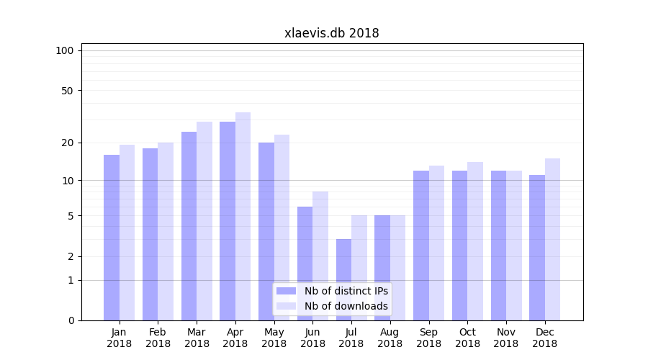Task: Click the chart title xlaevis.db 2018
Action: click(331, 33)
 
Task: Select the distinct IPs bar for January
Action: click(112, 238)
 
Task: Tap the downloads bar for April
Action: click(243, 216)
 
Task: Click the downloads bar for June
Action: click(320, 256)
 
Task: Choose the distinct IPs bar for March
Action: click(189, 226)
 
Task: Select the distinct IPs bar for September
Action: click(420, 246)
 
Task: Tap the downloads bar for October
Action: click(475, 241)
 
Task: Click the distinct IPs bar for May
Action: click(266, 231)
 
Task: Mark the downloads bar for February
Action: click(166, 231)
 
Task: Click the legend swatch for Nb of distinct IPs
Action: click(286, 291)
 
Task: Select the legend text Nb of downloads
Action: click(346, 306)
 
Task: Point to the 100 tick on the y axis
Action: click(65, 50)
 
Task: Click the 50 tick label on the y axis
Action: click(67, 91)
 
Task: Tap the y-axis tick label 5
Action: click(71, 216)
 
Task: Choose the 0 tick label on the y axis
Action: click(71, 320)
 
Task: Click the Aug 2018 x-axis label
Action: click(390, 338)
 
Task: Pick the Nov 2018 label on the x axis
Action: click(506, 338)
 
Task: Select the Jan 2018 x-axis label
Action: click(120, 338)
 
